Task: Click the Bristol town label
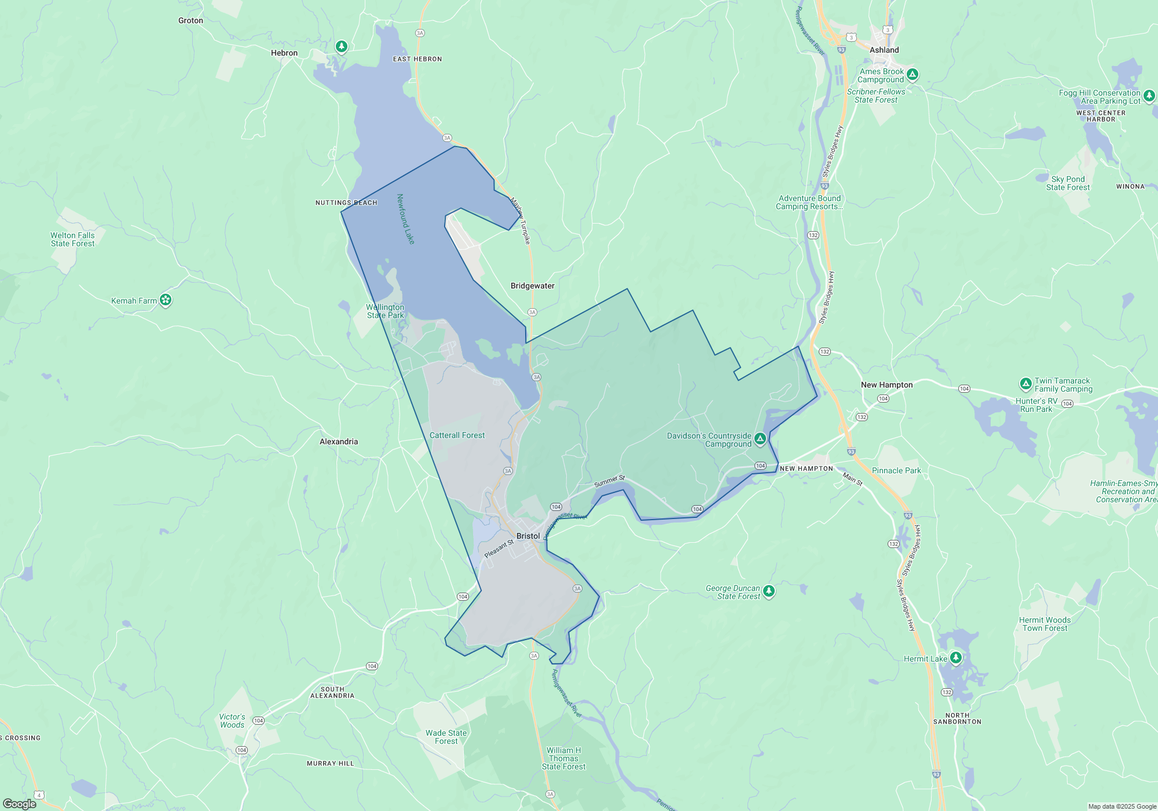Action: [x=528, y=536]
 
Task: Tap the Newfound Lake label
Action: [x=405, y=219]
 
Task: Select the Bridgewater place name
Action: [x=532, y=286]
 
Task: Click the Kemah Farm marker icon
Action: [x=166, y=300]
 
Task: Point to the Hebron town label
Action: [x=284, y=53]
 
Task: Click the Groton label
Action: [x=190, y=20]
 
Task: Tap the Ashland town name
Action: [x=884, y=50]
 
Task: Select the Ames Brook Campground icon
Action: [x=913, y=74]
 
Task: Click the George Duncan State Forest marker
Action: [x=769, y=591]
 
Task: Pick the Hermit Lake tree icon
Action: [x=956, y=657]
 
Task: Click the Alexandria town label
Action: [x=339, y=441]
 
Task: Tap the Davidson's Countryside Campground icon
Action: [x=760, y=439]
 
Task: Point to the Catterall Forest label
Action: [x=457, y=435]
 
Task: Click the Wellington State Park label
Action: [x=385, y=311]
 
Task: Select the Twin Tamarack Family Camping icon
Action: [x=1025, y=383]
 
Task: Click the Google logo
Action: [x=20, y=803]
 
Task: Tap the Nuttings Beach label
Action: [x=346, y=203]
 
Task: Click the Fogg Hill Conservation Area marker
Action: [x=1149, y=96]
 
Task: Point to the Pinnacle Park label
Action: [x=896, y=470]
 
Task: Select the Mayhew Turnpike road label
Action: [x=520, y=221]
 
